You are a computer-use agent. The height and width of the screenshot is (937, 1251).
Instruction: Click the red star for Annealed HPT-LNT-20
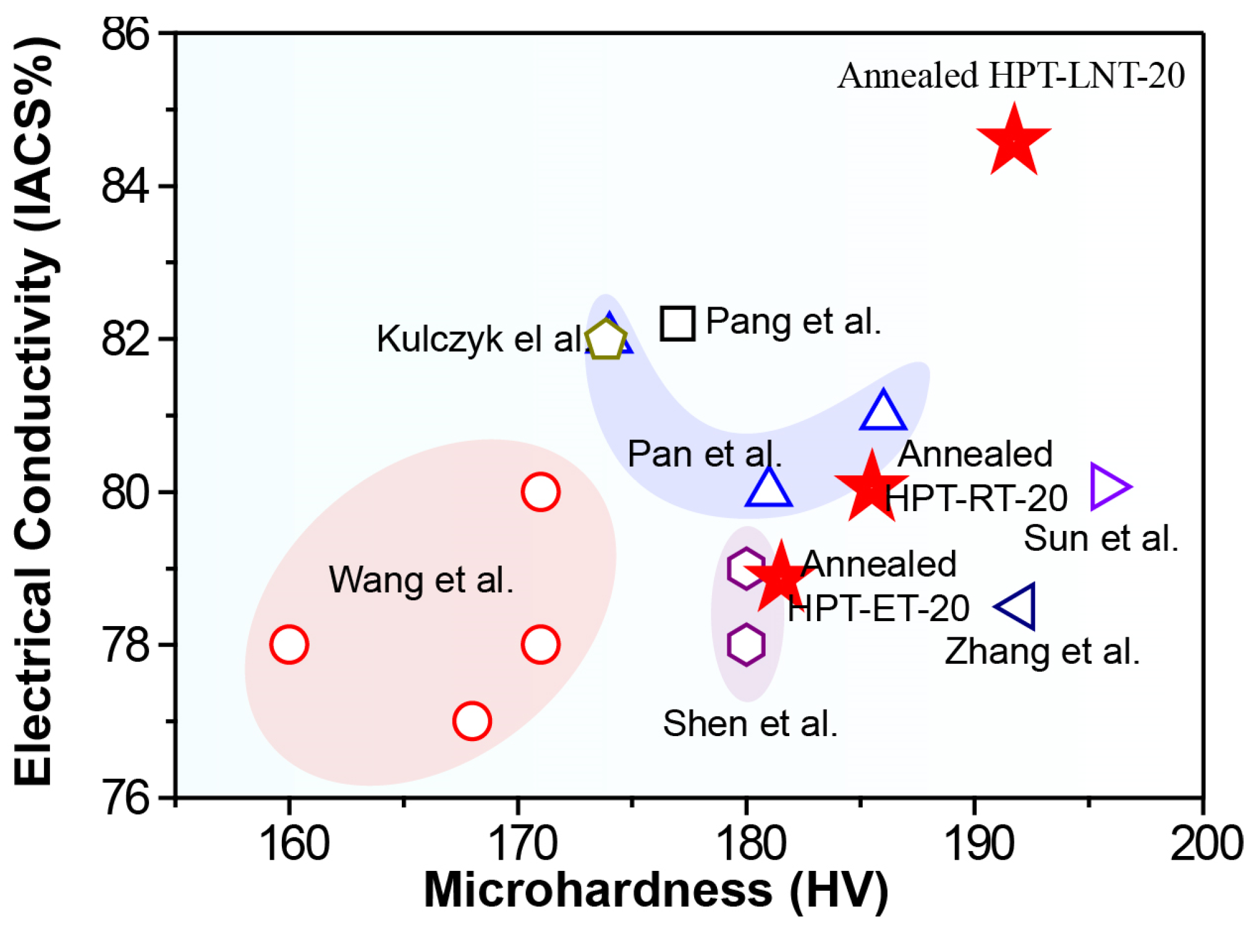click(x=1013, y=142)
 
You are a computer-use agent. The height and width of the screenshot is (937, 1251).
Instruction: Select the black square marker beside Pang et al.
click(x=677, y=323)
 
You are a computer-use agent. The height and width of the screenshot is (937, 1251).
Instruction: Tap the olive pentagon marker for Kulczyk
click(x=606, y=339)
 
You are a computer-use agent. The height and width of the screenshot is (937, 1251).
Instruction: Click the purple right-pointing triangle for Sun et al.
click(x=1109, y=486)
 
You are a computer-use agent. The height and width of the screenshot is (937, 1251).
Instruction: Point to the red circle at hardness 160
click(x=289, y=644)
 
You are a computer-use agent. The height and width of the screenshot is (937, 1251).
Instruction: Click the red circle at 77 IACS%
click(x=472, y=721)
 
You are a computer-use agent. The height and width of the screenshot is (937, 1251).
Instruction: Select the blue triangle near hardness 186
click(x=883, y=412)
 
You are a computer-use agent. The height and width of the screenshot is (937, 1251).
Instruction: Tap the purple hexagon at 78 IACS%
click(x=746, y=644)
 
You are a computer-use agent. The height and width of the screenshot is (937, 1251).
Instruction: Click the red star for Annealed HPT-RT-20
click(x=871, y=487)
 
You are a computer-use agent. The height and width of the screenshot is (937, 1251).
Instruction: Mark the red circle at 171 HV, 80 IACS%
click(x=540, y=492)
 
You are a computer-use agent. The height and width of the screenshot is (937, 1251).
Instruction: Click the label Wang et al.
click(x=421, y=580)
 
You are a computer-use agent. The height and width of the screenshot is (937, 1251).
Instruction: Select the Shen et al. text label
click(x=750, y=723)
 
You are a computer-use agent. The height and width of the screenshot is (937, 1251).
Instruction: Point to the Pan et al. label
click(x=704, y=454)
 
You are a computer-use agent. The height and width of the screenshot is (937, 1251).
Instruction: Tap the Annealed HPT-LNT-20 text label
click(x=1011, y=76)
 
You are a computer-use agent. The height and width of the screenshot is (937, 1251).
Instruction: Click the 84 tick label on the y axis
click(x=125, y=186)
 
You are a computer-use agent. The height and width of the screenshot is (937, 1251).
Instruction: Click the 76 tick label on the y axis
click(x=125, y=798)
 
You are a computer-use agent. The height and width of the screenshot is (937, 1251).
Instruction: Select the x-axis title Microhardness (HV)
click(x=656, y=891)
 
